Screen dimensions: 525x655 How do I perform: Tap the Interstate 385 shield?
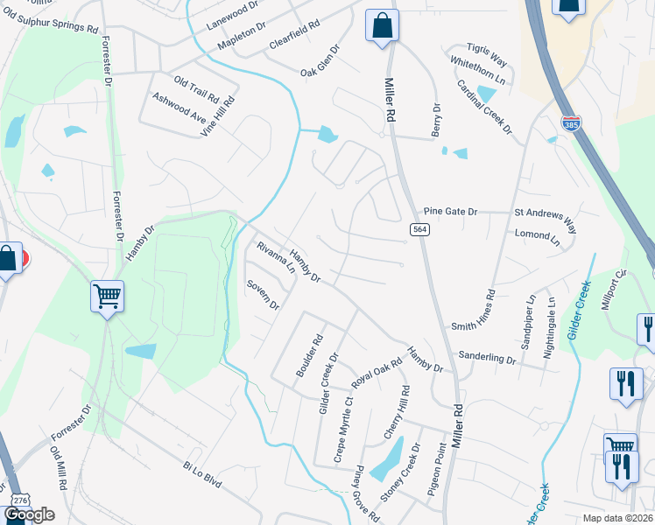571,124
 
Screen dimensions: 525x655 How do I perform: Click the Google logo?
29,514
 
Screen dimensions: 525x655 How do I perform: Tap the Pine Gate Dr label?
450,211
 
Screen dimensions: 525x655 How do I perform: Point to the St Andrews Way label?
546,219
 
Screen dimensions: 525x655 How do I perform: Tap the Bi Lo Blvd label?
203,476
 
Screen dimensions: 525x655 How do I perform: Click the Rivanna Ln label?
276,258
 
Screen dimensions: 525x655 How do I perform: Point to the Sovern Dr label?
262,295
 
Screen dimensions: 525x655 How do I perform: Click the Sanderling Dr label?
488,358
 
